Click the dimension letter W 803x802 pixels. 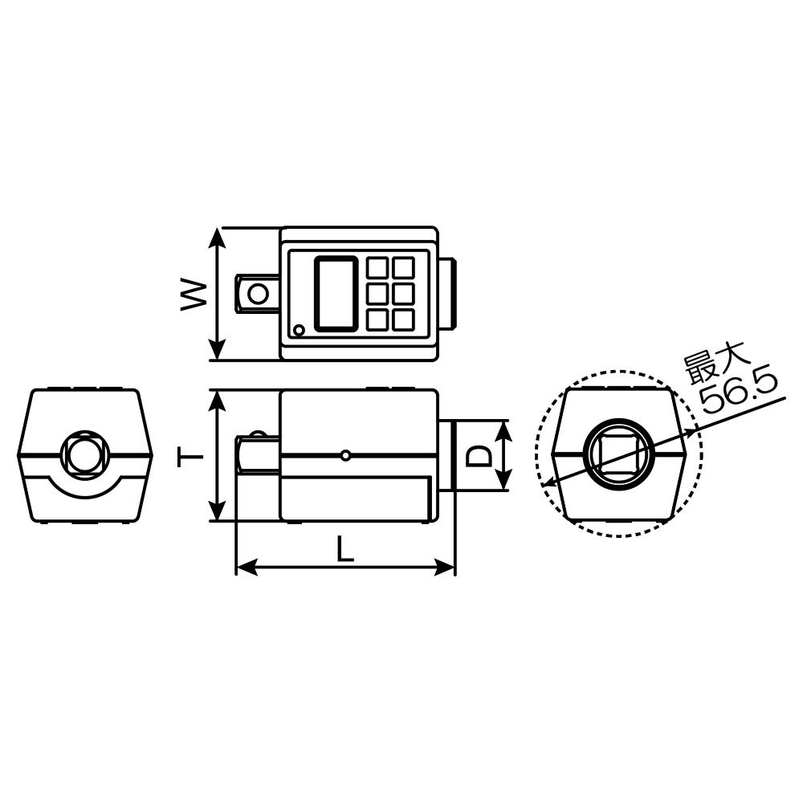coord(194,295)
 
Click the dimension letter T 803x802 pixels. coord(190,455)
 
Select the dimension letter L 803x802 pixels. coord(345,549)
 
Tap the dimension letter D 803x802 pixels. coord(479,455)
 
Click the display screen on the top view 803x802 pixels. coord(336,294)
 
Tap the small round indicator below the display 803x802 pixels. coord(299,330)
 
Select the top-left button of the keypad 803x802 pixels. coord(377,268)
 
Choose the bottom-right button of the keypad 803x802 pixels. coord(403,320)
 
